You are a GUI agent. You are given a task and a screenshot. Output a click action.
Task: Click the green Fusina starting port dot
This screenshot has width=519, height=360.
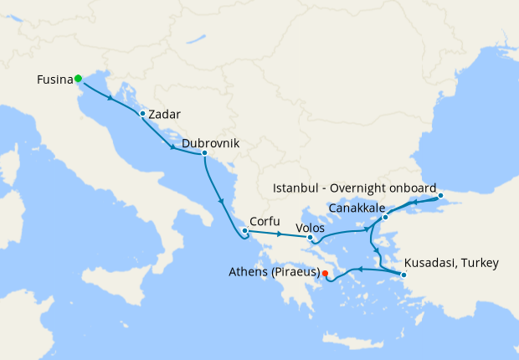tap(78, 79)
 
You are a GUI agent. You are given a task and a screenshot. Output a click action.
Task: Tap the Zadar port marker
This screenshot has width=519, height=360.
tap(143, 114)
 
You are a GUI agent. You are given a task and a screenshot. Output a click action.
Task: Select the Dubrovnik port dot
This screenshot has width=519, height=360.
tap(204, 153)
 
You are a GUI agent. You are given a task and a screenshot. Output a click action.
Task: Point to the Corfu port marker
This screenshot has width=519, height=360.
tap(244, 231)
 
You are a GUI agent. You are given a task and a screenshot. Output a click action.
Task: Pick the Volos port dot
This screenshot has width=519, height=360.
tap(311, 238)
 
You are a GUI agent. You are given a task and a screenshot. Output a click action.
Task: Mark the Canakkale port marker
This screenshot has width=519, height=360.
tap(385, 218)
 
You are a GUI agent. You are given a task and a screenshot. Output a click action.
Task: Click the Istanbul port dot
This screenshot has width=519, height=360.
tap(441, 198)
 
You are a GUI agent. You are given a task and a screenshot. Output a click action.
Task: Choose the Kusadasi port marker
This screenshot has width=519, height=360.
tap(404, 275)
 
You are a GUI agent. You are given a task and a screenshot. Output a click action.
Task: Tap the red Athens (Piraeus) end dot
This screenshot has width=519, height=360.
tap(325, 273)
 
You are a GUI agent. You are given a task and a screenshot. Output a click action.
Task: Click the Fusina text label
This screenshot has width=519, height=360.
tap(54, 80)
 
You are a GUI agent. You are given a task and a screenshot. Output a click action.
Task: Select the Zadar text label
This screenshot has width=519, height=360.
tap(164, 114)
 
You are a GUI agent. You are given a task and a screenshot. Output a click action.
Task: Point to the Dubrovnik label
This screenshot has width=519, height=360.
tap(210, 143)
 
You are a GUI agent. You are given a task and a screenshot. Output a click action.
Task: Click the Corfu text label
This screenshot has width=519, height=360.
tap(265, 223)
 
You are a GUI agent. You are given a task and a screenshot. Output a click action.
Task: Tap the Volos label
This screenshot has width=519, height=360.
tap(311, 227)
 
